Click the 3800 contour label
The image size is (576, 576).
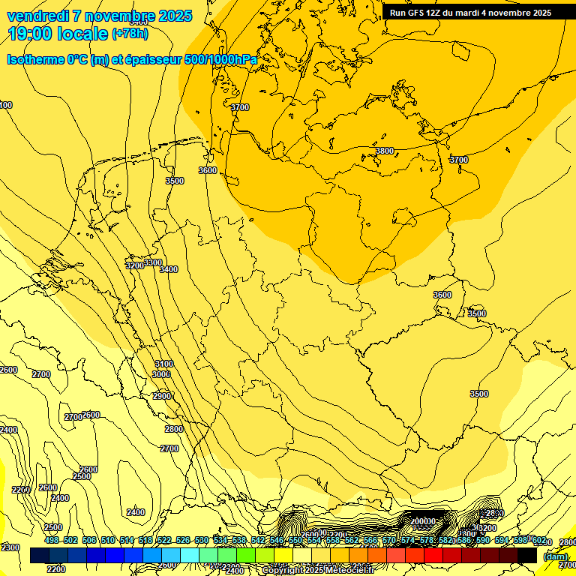(385, 151)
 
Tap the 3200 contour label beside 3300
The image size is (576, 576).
(134, 265)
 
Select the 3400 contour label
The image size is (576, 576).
(169, 269)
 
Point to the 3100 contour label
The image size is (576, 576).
(163, 364)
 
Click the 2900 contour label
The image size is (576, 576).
(162, 396)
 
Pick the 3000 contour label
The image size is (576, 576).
(161, 374)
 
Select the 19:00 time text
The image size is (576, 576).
(28, 34)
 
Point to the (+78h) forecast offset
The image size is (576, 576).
(130, 34)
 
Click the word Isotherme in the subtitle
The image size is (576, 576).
(36, 59)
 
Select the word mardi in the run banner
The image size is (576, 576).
(473, 13)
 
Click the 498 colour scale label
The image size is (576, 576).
(51, 540)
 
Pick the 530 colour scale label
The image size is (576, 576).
(202, 540)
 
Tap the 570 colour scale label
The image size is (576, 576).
(389, 540)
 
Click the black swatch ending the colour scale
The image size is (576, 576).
(527, 555)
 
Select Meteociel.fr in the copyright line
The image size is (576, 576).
(349, 570)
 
